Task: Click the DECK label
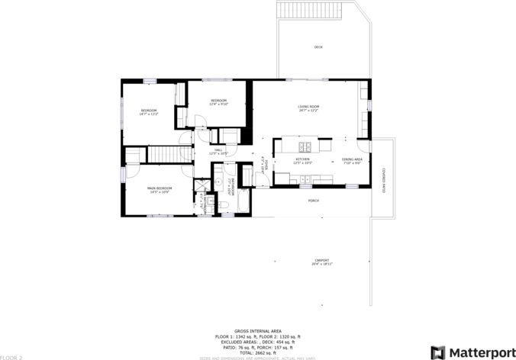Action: pyautogui.click(x=318, y=47)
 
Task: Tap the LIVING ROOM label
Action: pyautogui.click(x=308, y=106)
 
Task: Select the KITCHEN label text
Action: pyautogui.click(x=303, y=159)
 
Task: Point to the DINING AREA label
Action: pyautogui.click(x=352, y=159)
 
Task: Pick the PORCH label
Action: pyautogui.click(x=313, y=201)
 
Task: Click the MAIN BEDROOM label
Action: pyautogui.click(x=160, y=188)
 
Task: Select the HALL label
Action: pyautogui.click(x=218, y=149)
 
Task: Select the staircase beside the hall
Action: pyautogui.click(x=161, y=154)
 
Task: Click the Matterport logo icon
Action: pyautogui.click(x=438, y=352)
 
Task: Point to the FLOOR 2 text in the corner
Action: pyautogui.click(x=11, y=357)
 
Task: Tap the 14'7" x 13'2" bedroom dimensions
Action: pyautogui.click(x=149, y=114)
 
